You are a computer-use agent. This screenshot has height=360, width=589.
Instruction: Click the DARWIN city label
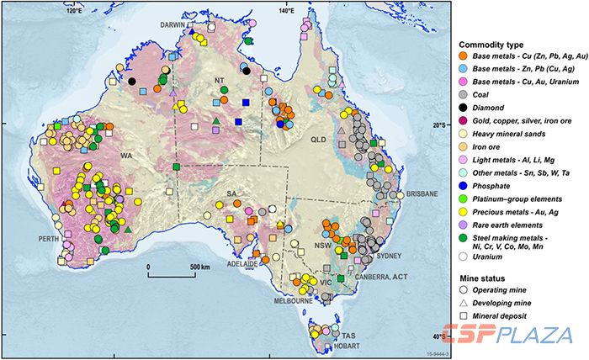coord(178,25)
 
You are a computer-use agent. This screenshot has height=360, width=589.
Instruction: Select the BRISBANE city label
coord(421,194)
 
